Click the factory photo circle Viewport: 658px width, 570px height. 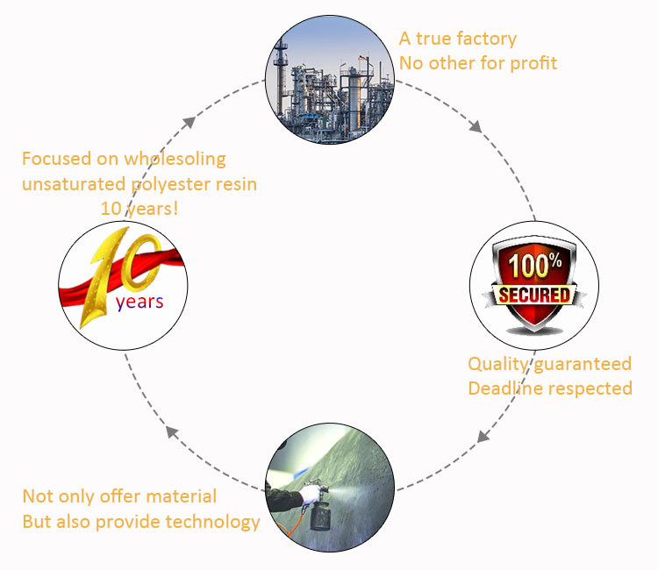[329, 82]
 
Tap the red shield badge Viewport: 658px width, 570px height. [533, 283]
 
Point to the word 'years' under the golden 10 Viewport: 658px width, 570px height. [139, 302]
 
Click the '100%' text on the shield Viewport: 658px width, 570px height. [533, 264]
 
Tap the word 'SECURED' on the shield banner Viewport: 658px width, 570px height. [533, 294]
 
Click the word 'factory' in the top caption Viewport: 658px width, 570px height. [484, 39]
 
